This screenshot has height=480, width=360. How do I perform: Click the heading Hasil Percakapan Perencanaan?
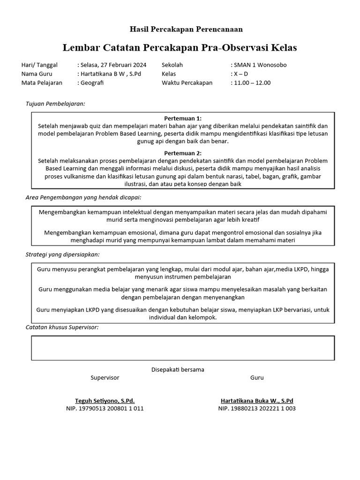click(180, 30)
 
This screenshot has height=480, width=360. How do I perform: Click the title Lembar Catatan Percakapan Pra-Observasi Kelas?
click(180, 48)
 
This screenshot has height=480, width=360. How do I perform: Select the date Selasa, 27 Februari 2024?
click(113, 65)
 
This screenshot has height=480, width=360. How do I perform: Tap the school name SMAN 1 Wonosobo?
click(260, 65)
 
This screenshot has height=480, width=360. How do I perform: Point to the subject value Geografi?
click(91, 83)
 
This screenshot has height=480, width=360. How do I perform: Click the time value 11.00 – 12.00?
click(252, 83)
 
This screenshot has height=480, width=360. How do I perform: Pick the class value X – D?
click(240, 74)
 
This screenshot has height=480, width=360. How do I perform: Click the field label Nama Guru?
click(37, 74)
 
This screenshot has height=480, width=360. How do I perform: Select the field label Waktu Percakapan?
click(187, 83)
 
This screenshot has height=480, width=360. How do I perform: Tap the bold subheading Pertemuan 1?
click(183, 118)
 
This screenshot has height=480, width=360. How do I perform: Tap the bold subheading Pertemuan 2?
click(183, 153)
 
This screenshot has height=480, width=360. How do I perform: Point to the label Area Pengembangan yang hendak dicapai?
click(83, 198)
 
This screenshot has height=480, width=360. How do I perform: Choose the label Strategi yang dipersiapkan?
click(62, 255)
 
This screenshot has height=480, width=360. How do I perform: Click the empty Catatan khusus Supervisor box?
click(183, 348)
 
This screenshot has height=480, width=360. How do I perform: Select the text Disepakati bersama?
click(178, 369)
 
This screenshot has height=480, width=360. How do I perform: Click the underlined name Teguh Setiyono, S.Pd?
click(105, 401)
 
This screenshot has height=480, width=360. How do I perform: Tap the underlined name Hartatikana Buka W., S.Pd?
click(257, 401)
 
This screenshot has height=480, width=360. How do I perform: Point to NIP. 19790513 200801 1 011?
click(105, 408)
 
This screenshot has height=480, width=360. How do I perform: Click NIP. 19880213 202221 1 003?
click(257, 408)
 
